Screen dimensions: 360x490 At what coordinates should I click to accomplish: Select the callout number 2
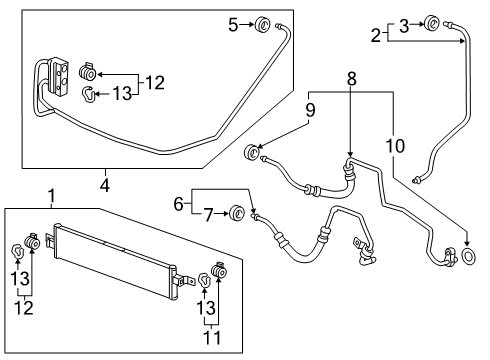point(376,36)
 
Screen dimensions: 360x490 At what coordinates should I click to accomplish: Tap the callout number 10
point(395,146)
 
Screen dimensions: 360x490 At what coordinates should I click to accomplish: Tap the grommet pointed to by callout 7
point(238,212)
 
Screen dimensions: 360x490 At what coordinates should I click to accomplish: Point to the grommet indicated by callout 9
point(253,153)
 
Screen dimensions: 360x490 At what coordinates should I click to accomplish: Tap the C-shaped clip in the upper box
point(89,95)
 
